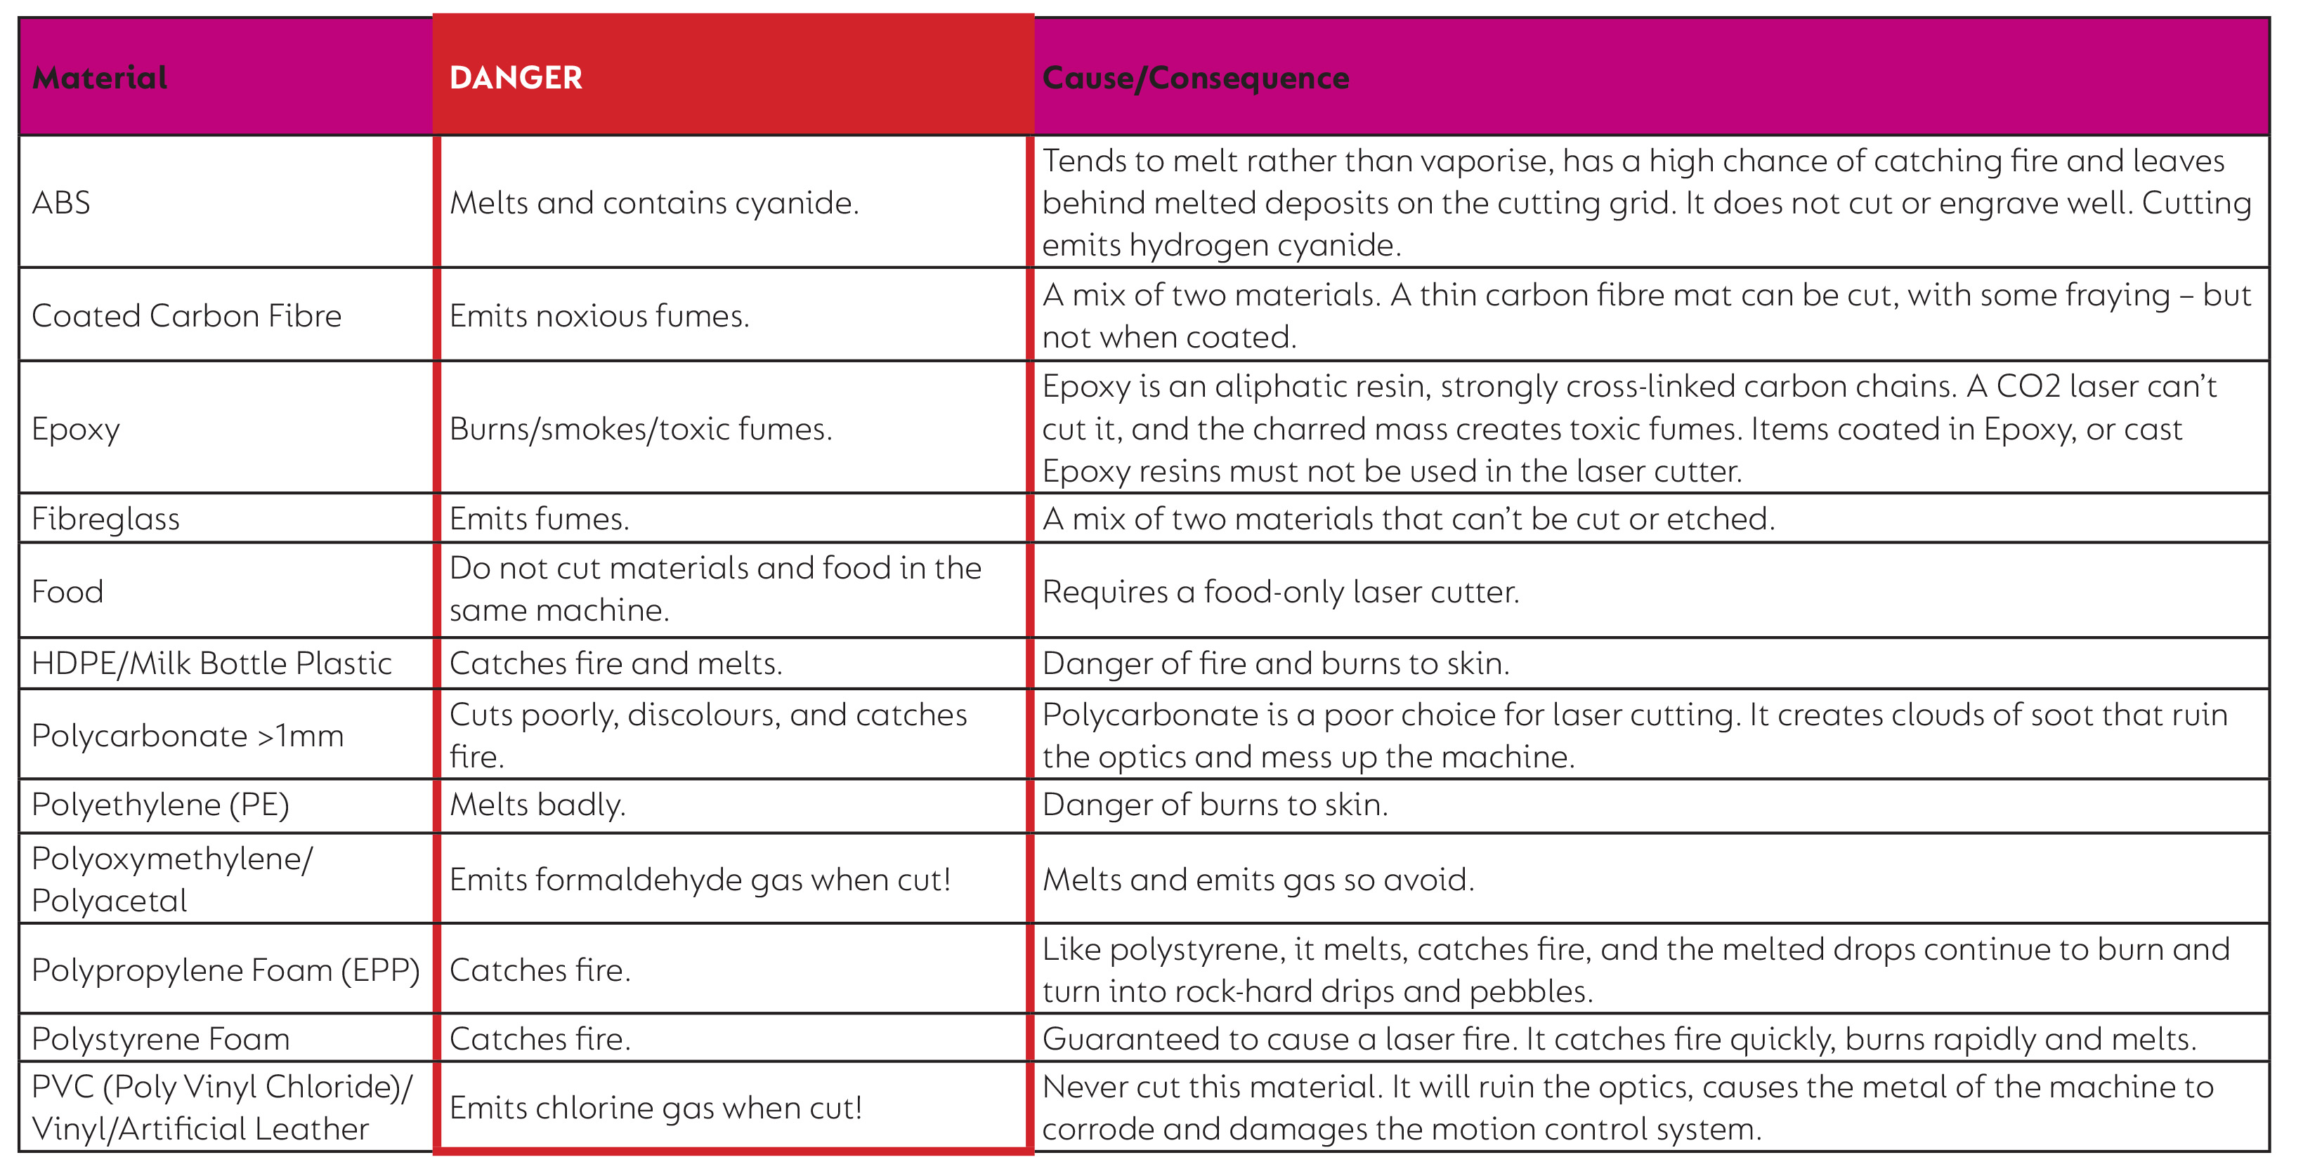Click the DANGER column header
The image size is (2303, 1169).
516,78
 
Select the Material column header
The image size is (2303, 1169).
99,78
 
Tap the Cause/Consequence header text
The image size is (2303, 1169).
1195,78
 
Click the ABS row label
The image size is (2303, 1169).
61,203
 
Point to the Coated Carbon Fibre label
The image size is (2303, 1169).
186,315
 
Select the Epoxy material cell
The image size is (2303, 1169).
75,429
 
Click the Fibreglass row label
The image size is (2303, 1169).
105,518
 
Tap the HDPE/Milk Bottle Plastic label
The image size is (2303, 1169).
211,663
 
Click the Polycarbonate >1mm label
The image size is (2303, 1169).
187,736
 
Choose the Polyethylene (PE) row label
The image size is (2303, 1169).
160,805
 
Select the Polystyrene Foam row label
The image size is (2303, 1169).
160,1038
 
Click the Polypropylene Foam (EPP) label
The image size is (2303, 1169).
226,970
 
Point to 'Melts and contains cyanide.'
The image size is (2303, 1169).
653,203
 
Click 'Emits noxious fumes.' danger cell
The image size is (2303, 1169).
599,315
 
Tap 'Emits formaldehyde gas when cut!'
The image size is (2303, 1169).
700,880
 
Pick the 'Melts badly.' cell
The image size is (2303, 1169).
537,805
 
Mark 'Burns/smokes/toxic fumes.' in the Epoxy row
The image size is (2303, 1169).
640,429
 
